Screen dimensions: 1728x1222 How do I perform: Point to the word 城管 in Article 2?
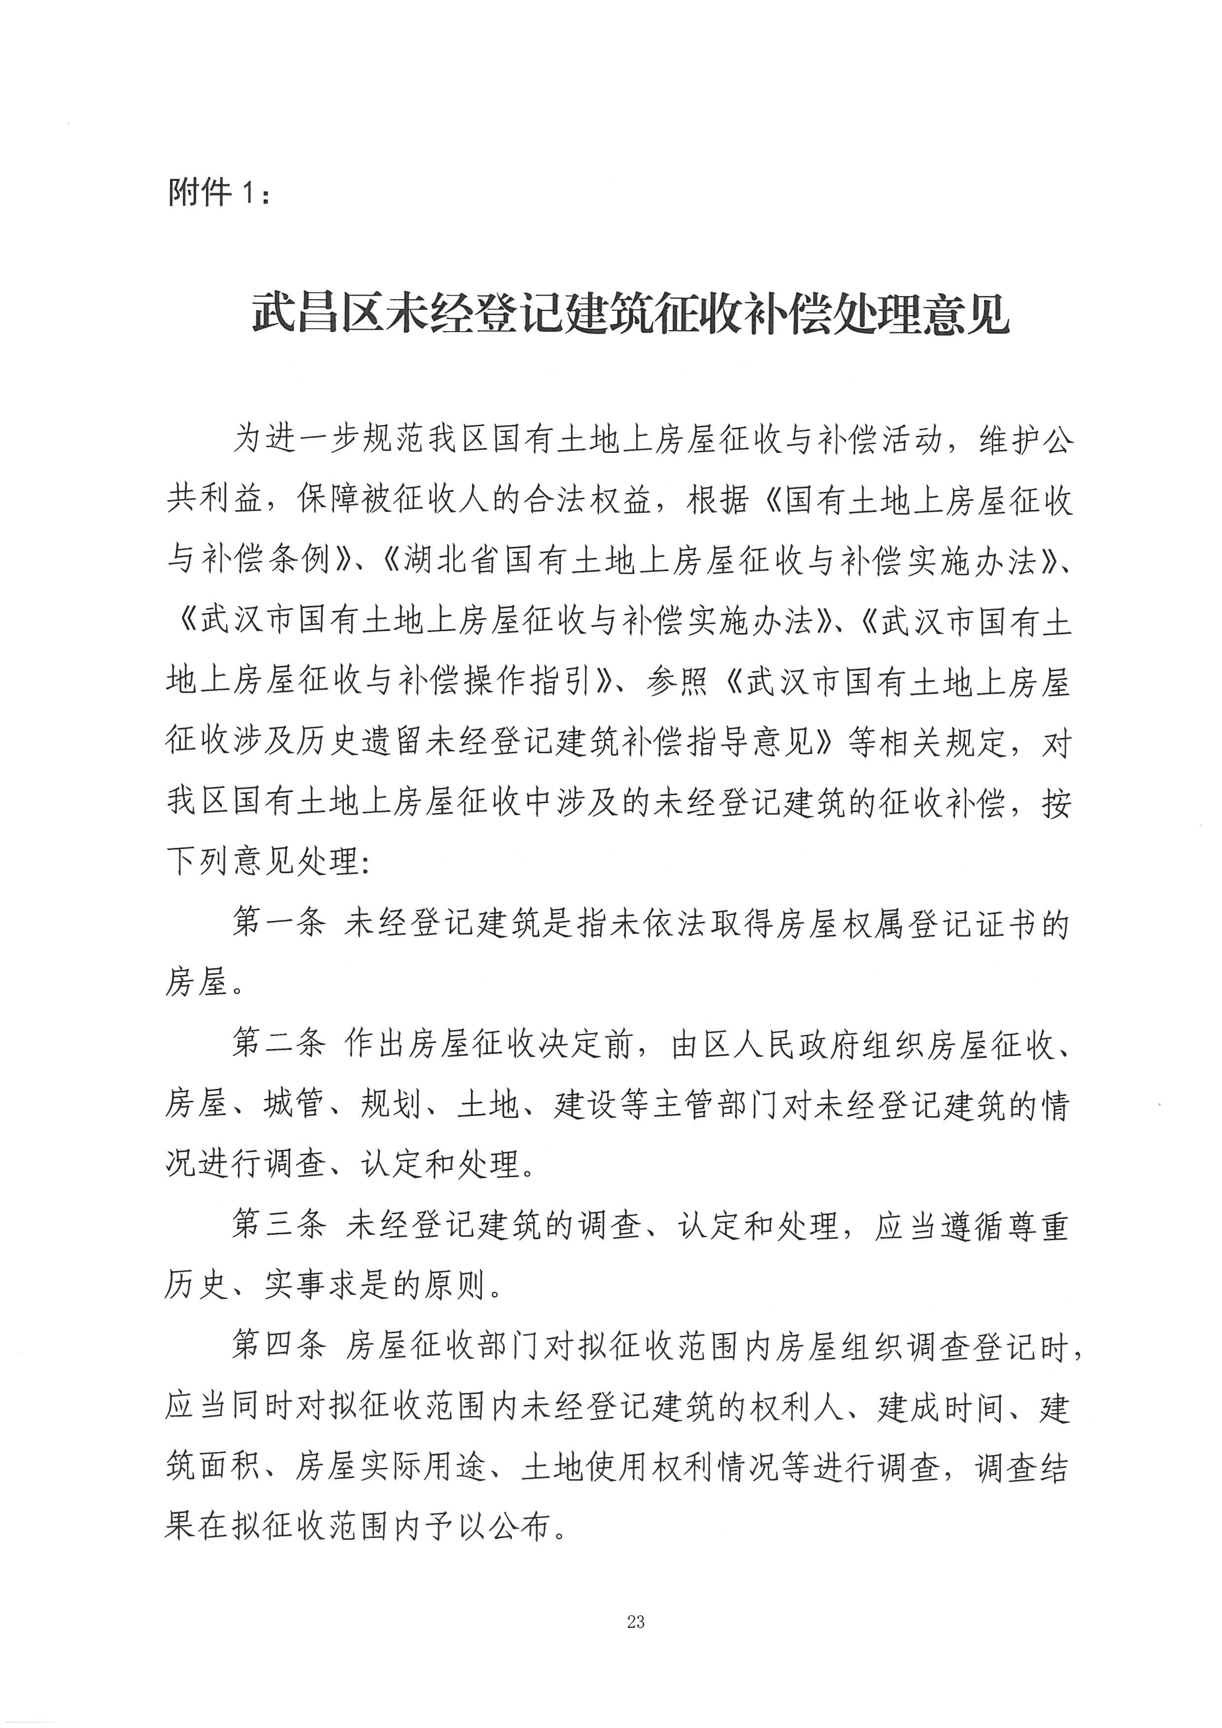point(295,1106)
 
